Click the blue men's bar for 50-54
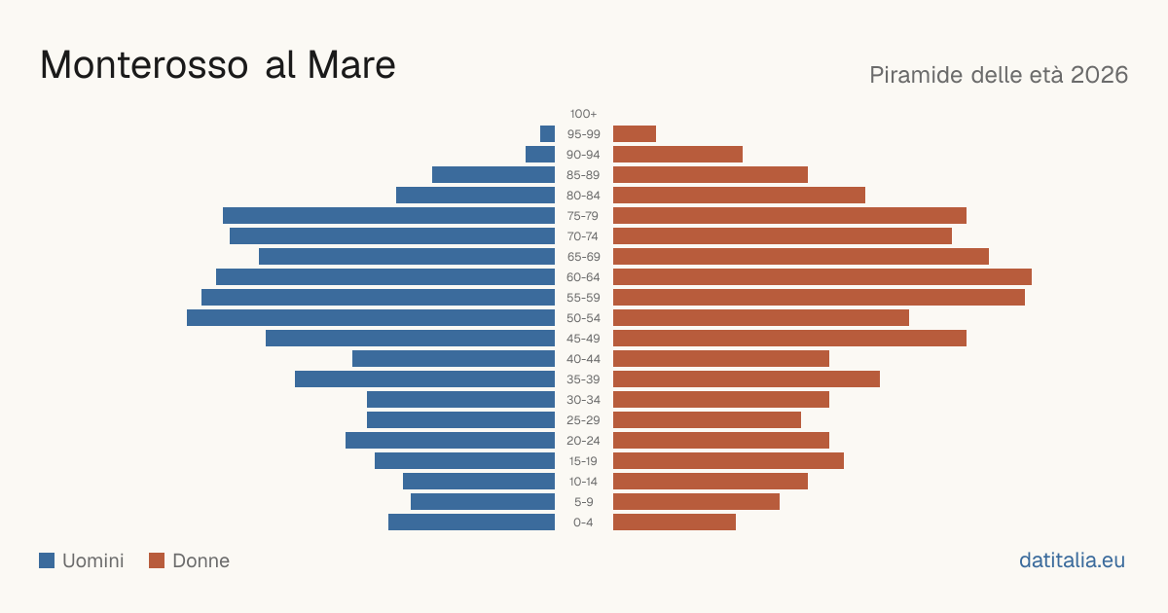click(x=371, y=318)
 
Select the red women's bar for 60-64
click(x=822, y=276)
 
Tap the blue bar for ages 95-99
click(x=547, y=134)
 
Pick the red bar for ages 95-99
click(x=635, y=134)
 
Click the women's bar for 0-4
click(x=675, y=523)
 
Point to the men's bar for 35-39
click(x=425, y=379)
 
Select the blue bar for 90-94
click(x=540, y=155)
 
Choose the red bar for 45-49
click(x=789, y=339)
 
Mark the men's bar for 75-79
click(x=389, y=216)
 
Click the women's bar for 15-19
click(x=728, y=461)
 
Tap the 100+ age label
click(x=583, y=114)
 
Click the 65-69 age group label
click(x=583, y=257)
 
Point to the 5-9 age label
click(x=583, y=502)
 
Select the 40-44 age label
click(x=583, y=359)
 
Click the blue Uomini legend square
click(x=47, y=560)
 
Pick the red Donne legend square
click(x=157, y=560)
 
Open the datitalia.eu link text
click(x=1072, y=560)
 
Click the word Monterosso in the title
click(x=144, y=65)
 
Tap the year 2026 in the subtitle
click(x=1099, y=75)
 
